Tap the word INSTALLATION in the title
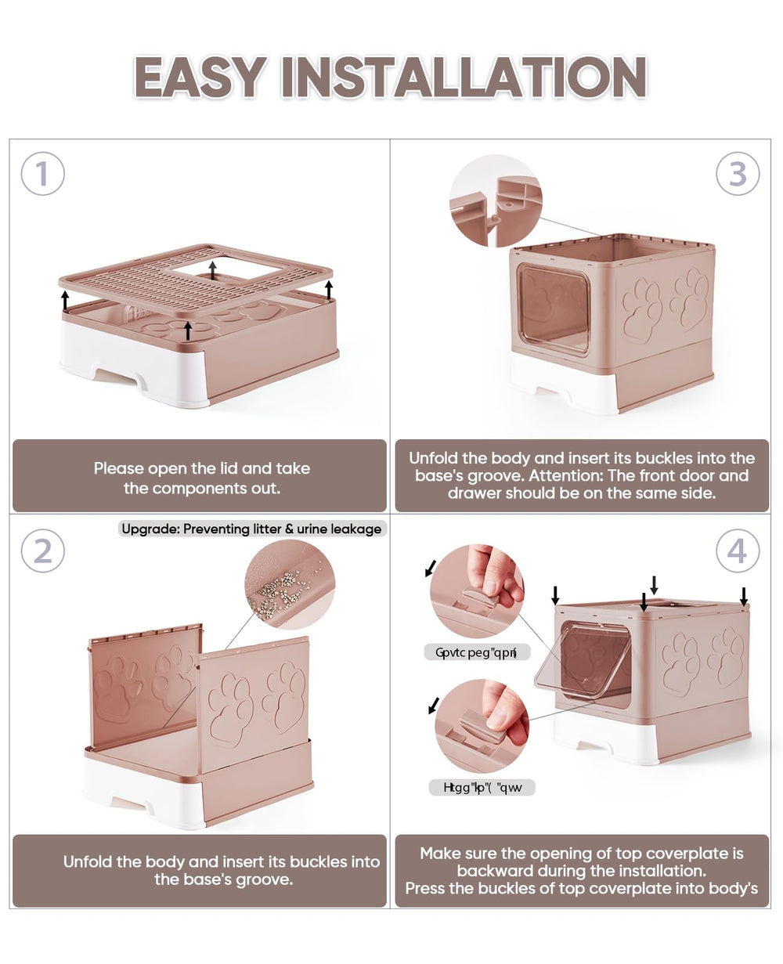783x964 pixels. click(463, 78)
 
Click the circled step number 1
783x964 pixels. click(42, 174)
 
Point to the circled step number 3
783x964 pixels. click(738, 174)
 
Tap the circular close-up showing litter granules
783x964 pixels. click(289, 584)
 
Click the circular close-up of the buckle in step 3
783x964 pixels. click(496, 201)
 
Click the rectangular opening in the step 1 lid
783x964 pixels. click(226, 270)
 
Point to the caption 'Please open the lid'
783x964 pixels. click(201, 478)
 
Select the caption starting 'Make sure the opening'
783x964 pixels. click(582, 871)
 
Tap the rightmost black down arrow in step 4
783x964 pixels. click(744, 595)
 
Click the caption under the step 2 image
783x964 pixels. click(222, 870)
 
